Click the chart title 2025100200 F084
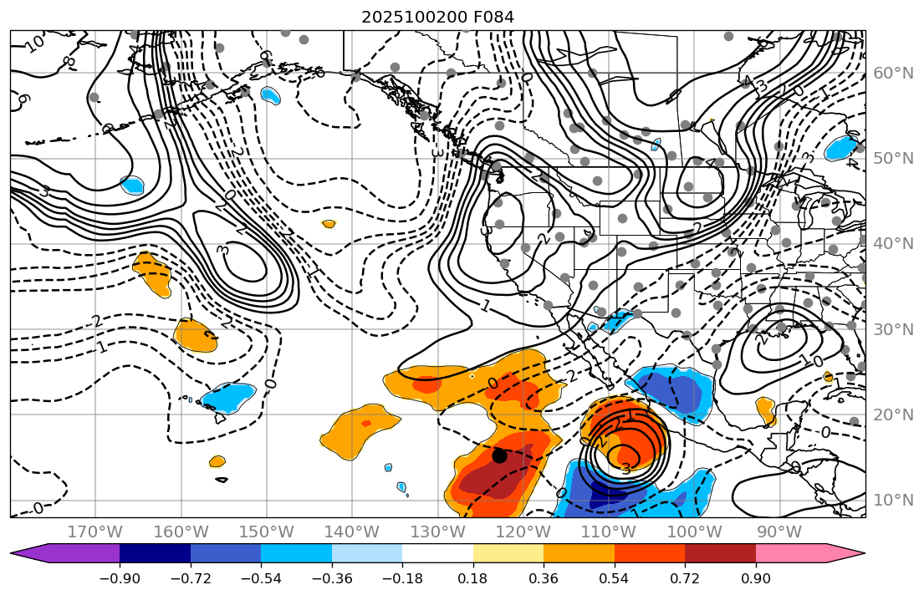(x=437, y=17)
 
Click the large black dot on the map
(x=499, y=455)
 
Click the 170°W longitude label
(x=96, y=531)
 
